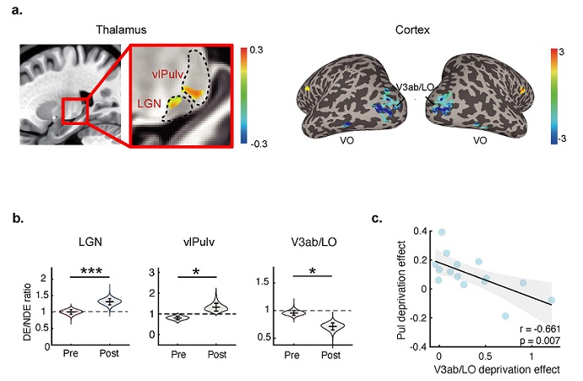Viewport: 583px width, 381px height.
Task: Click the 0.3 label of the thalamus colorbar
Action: [253, 51]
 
